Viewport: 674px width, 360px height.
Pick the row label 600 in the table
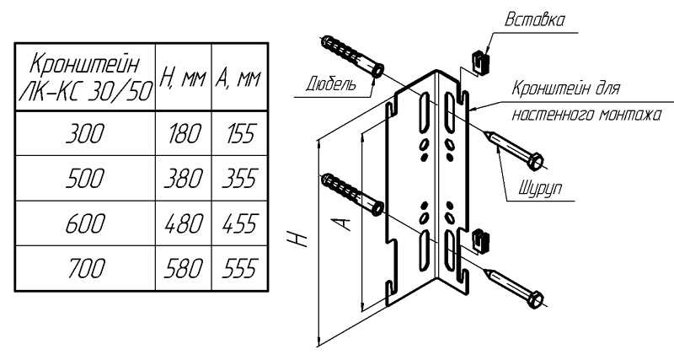(85, 223)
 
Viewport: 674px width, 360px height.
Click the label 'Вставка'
(535, 18)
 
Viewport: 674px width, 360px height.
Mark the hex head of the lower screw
(535, 298)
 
